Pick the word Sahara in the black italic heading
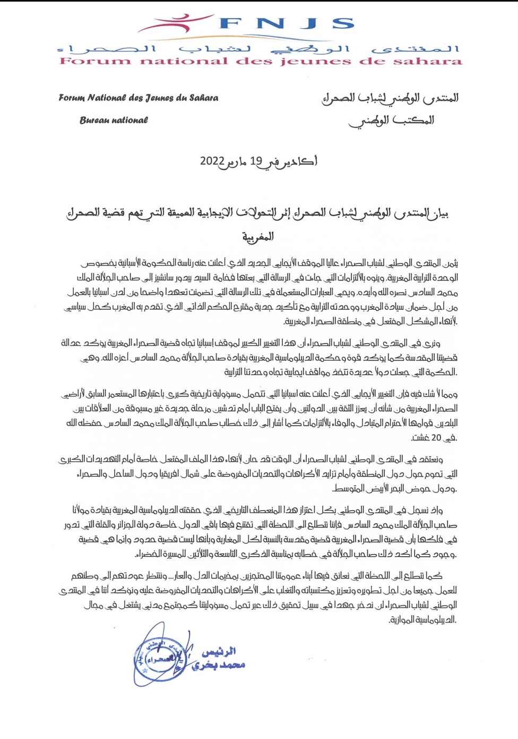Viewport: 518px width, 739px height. pyautogui.click(x=202, y=98)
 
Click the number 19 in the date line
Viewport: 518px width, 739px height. pyautogui.click(x=256, y=160)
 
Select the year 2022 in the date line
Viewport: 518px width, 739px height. pyautogui.click(x=212, y=160)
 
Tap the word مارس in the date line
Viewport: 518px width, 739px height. pyautogui.click(x=237, y=161)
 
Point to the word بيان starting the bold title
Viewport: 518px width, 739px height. pyautogui.click(x=439, y=214)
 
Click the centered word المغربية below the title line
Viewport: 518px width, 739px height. pyautogui.click(x=258, y=237)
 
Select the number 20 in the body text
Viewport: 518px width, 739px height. pyautogui.click(x=436, y=438)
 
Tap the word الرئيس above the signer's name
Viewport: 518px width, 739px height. pyautogui.click(x=218, y=651)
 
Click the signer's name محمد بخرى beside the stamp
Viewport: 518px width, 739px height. pyautogui.click(x=219, y=665)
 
